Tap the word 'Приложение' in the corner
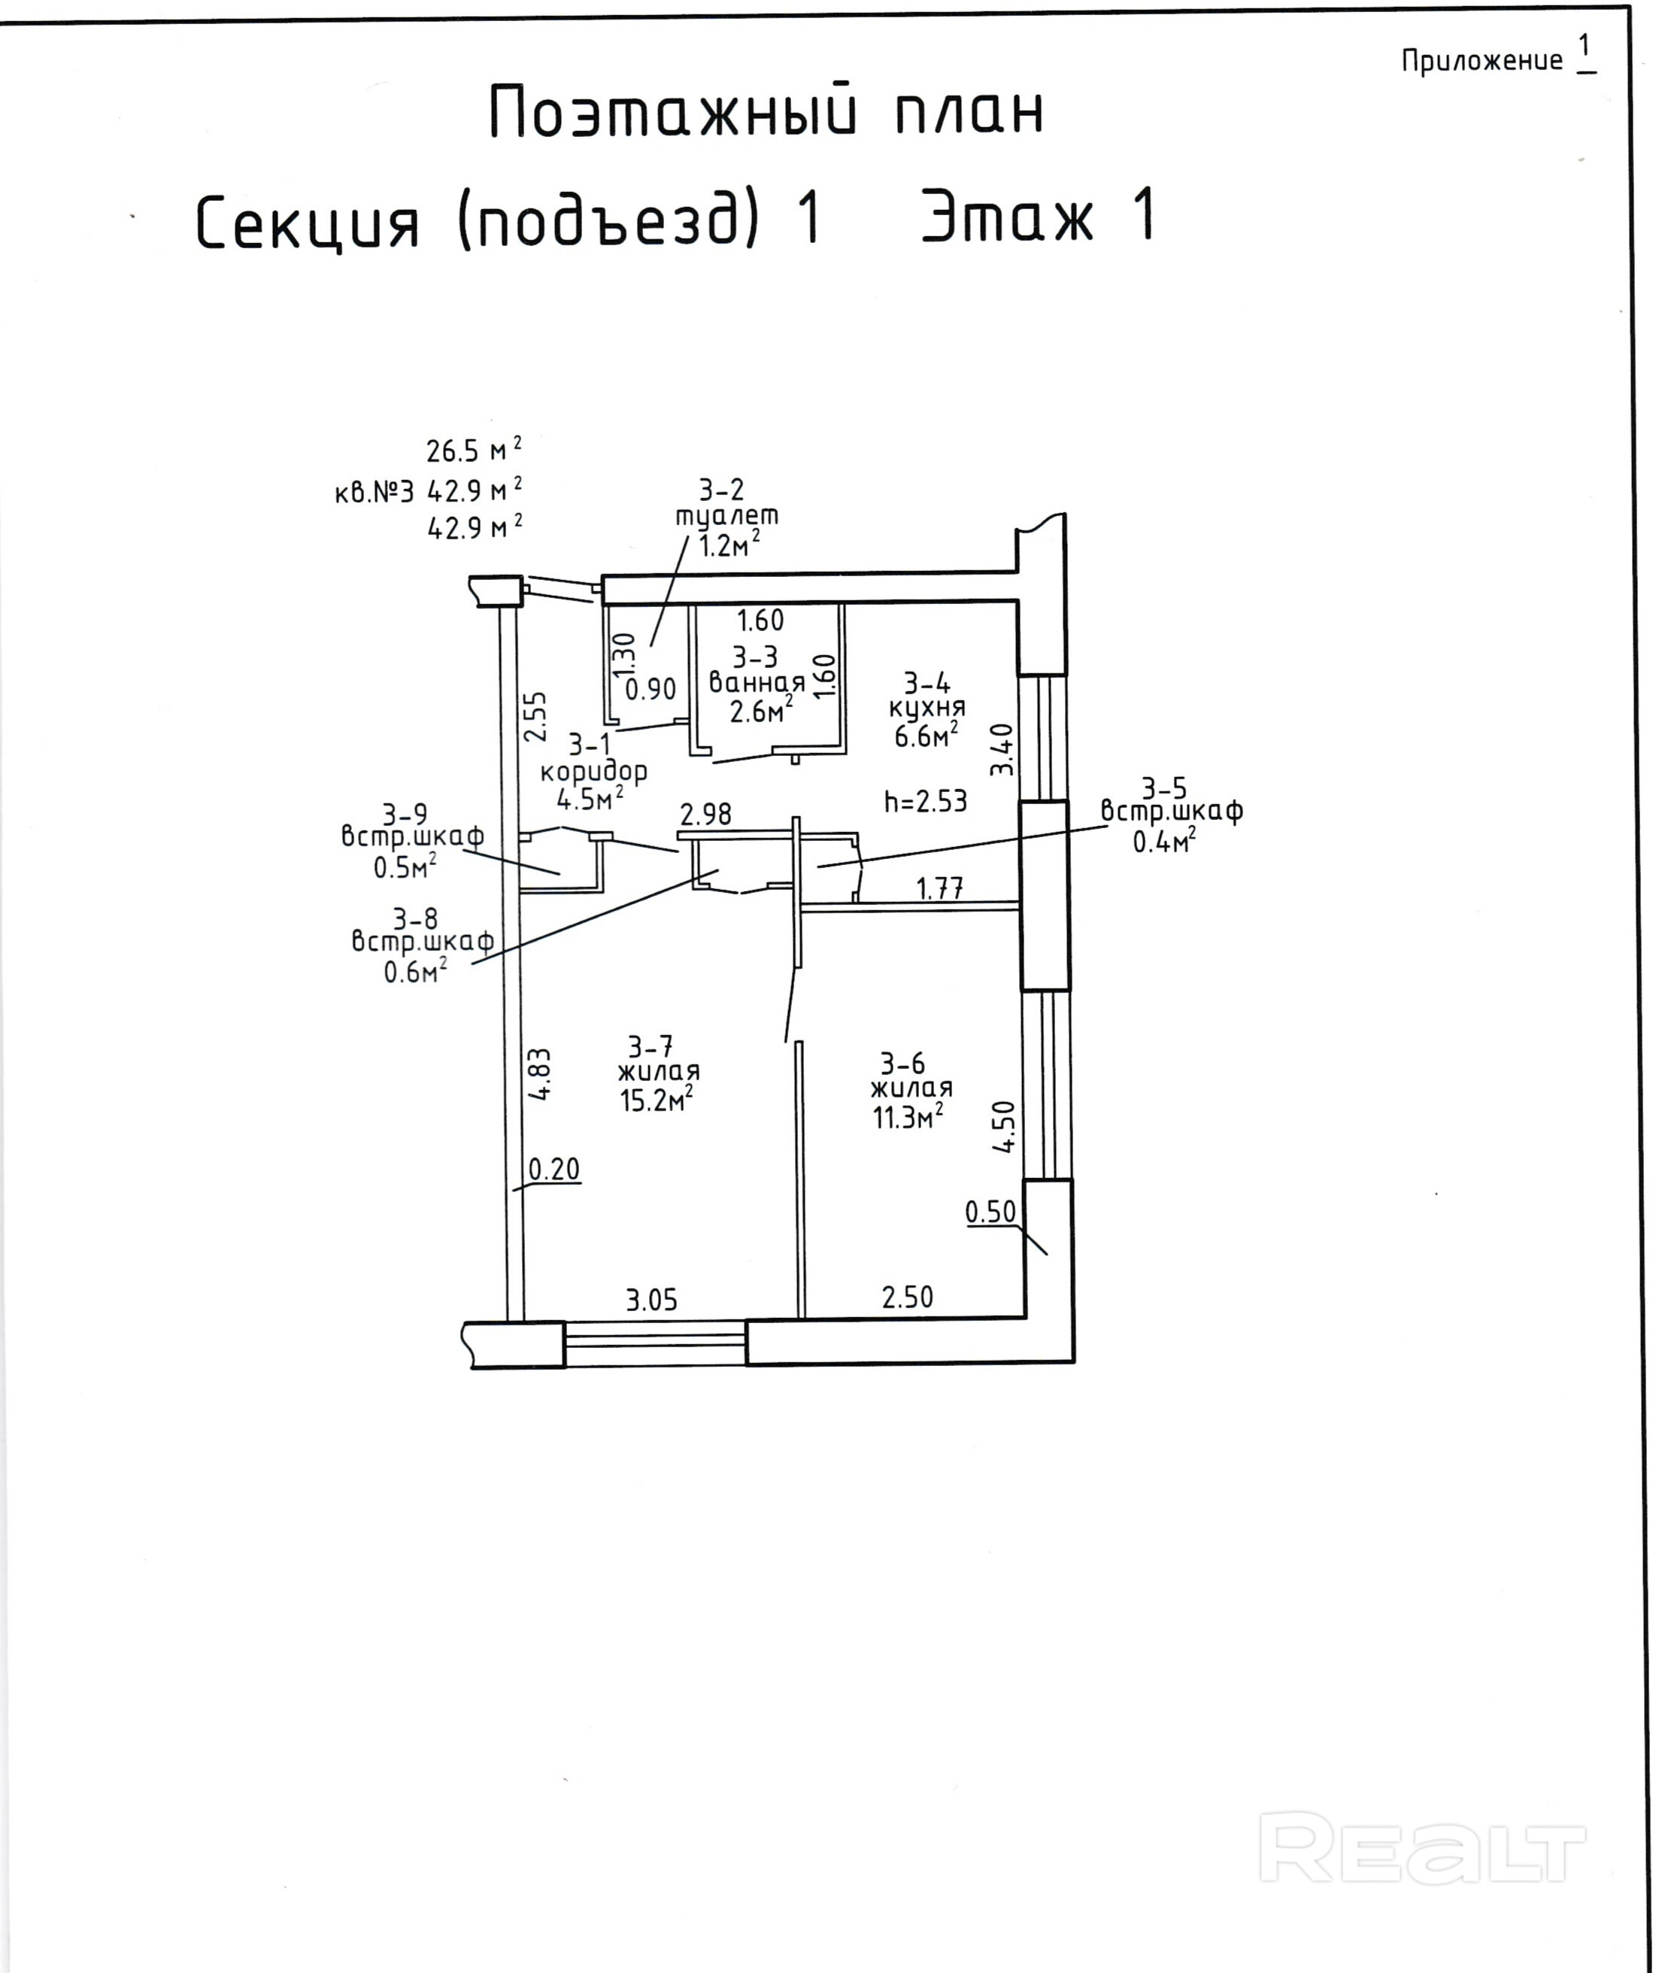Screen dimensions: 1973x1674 tap(1481, 62)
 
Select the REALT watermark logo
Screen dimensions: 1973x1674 tap(1421, 1847)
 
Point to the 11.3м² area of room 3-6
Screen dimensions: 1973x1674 tap(907, 1117)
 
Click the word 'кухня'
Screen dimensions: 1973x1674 tap(927, 708)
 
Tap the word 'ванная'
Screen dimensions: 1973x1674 tap(757, 682)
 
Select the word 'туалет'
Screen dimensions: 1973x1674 tap(727, 516)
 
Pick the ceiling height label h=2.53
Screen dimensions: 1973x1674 tap(925, 802)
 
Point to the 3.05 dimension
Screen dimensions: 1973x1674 tap(652, 1299)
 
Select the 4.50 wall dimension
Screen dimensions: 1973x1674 tap(1003, 1127)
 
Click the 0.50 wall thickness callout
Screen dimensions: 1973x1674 tap(990, 1212)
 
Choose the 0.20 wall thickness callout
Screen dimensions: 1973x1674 tap(553, 1169)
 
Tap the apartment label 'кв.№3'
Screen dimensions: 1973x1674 tap(374, 493)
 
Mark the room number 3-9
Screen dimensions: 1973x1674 tap(405, 815)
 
